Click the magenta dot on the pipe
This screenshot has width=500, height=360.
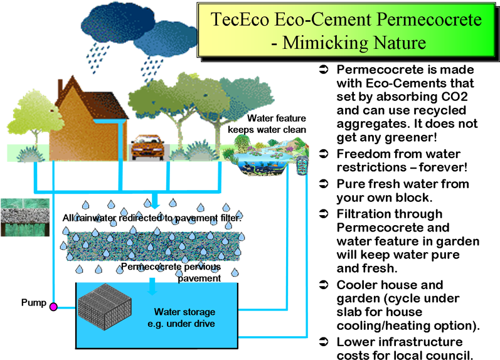tap(53, 307)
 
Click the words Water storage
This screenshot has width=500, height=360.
tap(184, 312)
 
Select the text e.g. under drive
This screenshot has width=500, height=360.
tap(184, 323)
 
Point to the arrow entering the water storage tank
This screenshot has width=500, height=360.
tap(152, 287)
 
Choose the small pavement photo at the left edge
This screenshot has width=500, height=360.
tap(25, 218)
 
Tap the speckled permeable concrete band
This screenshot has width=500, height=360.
tap(153, 245)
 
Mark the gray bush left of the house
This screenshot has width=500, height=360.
tap(29, 154)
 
